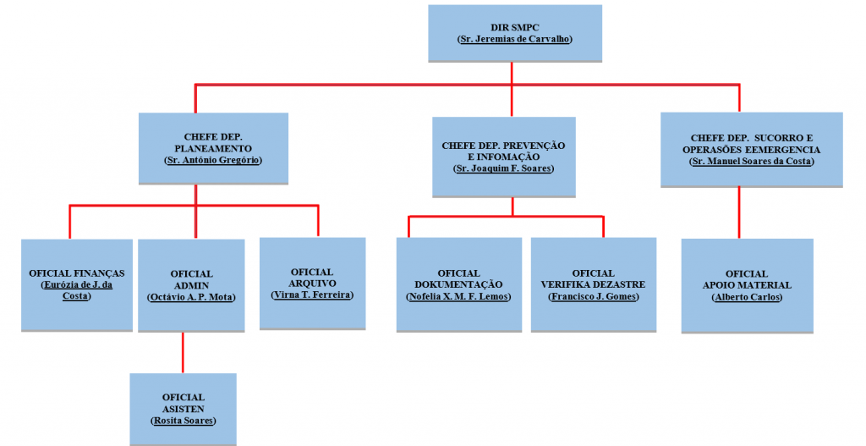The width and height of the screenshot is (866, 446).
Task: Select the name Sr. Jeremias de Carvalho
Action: click(514, 40)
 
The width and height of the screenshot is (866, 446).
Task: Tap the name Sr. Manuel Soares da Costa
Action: click(751, 161)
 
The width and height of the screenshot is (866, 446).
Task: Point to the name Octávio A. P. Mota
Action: click(191, 297)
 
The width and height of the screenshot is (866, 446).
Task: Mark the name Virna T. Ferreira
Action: click(312, 295)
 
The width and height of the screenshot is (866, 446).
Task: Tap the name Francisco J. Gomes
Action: click(593, 297)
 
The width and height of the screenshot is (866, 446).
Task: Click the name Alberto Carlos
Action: click(747, 297)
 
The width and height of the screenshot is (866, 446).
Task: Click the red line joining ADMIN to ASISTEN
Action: click(183, 352)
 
